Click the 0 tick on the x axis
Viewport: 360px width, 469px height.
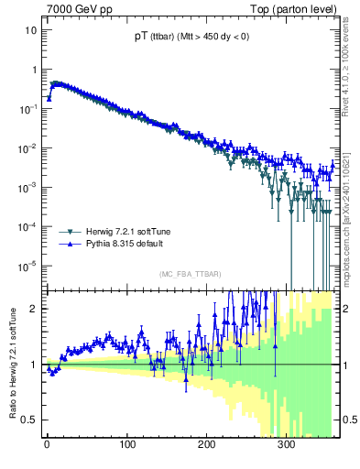coord(47,446)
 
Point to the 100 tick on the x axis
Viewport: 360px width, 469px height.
coord(126,446)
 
